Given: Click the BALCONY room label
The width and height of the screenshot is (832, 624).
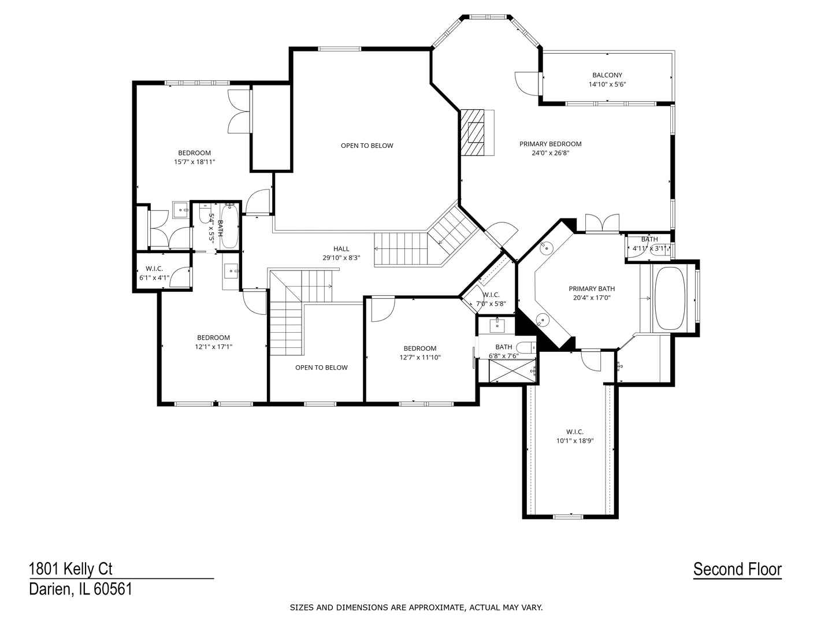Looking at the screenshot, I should [607, 75].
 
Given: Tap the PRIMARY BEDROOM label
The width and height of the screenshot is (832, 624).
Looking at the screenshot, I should [550, 144].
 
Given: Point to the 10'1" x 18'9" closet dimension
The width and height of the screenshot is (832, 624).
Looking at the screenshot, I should [574, 441].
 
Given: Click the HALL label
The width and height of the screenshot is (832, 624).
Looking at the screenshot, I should [341, 249].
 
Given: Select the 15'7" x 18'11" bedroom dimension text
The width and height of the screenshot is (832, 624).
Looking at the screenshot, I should [194, 162].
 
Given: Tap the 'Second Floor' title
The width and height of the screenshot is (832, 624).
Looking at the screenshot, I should [737, 569].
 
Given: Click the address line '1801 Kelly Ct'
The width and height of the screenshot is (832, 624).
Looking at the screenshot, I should [70, 569].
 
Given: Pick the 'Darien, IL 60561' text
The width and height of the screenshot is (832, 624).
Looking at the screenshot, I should [80, 589].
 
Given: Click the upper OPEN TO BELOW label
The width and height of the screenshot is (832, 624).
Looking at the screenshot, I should [367, 146].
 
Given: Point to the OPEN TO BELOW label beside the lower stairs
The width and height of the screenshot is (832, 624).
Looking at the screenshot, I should [321, 367].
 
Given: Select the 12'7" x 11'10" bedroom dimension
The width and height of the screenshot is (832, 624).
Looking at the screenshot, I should [419, 358].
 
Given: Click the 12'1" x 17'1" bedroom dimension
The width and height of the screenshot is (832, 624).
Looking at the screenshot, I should [213, 347].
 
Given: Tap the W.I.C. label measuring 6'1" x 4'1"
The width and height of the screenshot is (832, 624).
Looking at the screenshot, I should [154, 269].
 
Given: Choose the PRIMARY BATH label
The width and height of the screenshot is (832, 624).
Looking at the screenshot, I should [592, 289].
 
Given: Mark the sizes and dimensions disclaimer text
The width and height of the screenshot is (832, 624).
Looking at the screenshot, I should [416, 607].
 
